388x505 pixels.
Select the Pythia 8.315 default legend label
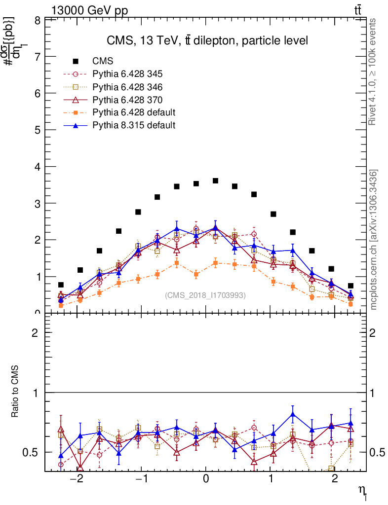click(x=134, y=125)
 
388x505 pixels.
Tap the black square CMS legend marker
click(x=76, y=61)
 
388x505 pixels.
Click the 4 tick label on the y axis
click(x=38, y=167)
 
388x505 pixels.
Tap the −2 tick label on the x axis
click(x=77, y=479)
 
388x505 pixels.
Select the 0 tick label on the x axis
click(x=206, y=479)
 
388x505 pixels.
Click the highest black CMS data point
click(x=215, y=181)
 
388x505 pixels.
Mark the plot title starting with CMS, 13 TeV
click(x=207, y=41)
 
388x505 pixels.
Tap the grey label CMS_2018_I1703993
click(x=205, y=295)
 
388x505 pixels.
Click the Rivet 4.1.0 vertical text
click(x=374, y=72)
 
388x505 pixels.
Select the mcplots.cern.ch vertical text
click(x=374, y=240)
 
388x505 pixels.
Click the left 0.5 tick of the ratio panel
click(x=33, y=453)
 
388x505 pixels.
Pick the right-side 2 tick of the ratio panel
click(x=374, y=333)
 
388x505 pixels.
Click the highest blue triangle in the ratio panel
click(x=293, y=414)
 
